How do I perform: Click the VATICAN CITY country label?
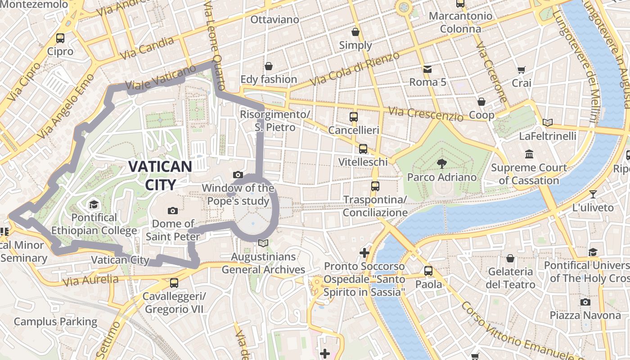(160, 175)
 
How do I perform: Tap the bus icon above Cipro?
(60, 38)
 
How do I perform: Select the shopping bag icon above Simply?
(355, 32)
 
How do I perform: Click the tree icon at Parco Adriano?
(441, 164)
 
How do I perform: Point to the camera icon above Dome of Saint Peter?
(172, 211)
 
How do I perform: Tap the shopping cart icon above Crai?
(521, 70)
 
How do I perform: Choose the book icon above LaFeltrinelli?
(547, 122)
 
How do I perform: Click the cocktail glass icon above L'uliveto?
(593, 194)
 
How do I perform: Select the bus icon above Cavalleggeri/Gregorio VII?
(174, 283)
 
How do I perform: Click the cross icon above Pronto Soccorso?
(364, 253)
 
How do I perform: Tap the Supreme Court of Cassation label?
(529, 174)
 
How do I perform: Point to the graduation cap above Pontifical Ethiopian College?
(94, 205)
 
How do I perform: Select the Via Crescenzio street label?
(425, 114)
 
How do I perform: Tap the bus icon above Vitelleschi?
(363, 148)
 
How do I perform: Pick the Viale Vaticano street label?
(161, 77)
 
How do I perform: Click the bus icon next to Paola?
(428, 271)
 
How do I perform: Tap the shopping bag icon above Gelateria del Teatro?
(510, 258)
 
